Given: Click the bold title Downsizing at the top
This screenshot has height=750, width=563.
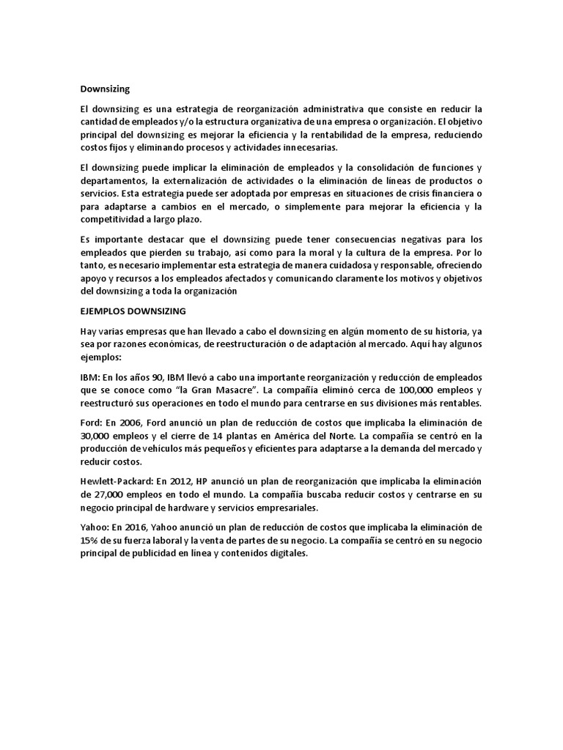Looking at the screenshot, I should [x=105, y=89].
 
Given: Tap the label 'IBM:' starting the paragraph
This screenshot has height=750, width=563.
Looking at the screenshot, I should [x=90, y=376].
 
